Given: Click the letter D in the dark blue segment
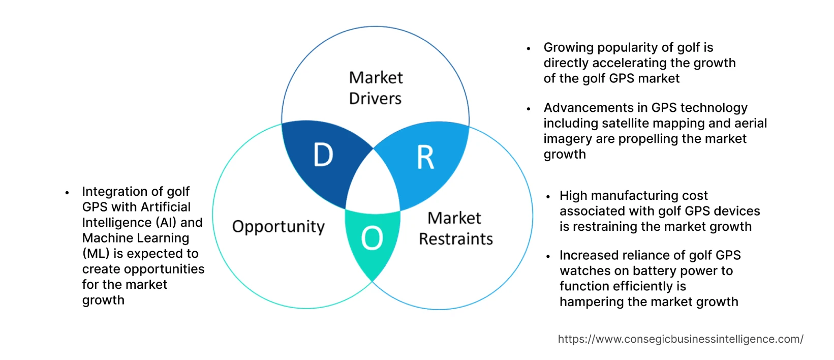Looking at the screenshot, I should click(x=323, y=155).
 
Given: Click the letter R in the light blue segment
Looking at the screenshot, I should click(x=426, y=158).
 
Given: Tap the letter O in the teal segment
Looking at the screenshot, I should click(x=372, y=238).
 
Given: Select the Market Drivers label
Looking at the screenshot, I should click(x=376, y=88).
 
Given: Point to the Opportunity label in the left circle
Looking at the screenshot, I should click(x=279, y=227).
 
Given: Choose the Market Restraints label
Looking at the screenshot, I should click(x=455, y=228).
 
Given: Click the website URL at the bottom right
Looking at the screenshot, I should click(x=681, y=339).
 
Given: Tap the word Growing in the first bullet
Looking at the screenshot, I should click(x=569, y=48).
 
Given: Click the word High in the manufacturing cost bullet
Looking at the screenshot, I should click(x=573, y=196).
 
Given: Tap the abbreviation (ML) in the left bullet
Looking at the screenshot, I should click(x=96, y=254).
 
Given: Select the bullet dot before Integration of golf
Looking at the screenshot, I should click(x=67, y=193).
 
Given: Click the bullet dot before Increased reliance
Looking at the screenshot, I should click(x=548, y=256).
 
